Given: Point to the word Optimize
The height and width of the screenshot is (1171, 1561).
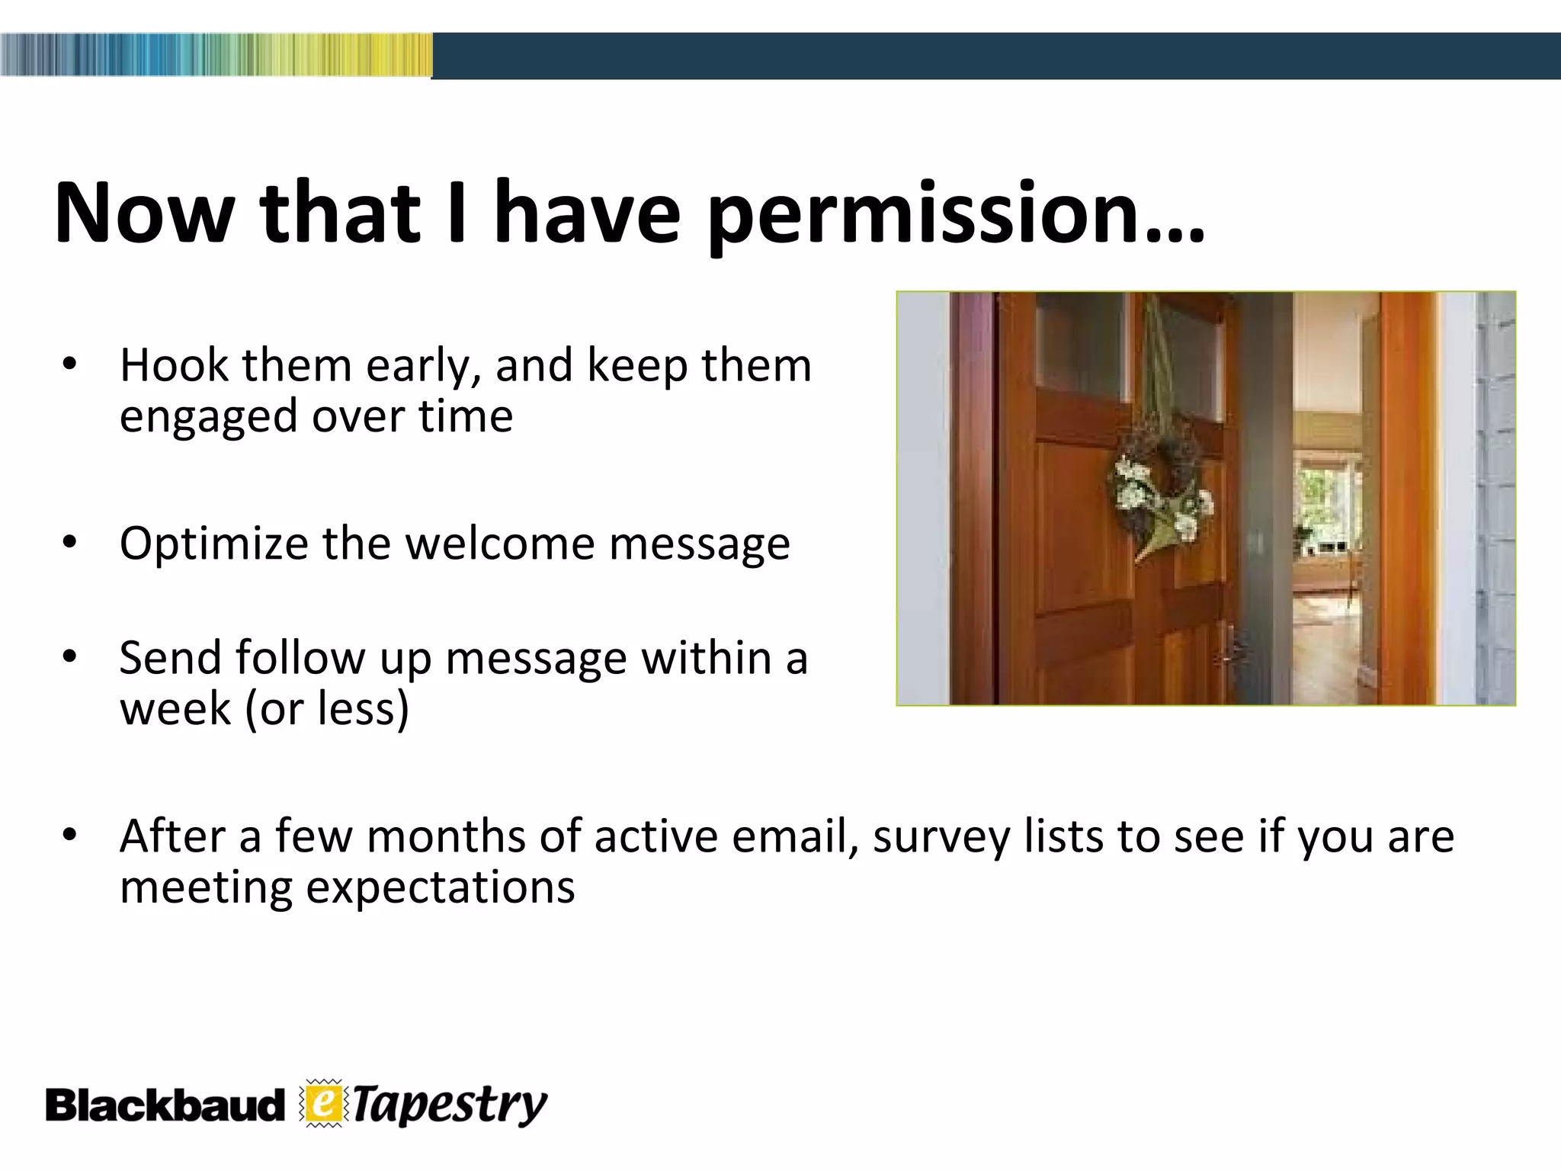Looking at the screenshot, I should (x=213, y=544).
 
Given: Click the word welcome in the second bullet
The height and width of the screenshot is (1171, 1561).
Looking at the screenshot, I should (x=499, y=544).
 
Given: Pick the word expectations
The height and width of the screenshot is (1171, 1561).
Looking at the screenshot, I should (x=440, y=888).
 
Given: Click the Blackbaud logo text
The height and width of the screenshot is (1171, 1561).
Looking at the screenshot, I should (x=164, y=1105).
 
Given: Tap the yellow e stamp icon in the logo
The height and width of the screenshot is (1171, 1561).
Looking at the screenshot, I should (x=324, y=1104).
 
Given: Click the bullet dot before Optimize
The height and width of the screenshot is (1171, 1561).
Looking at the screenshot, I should (x=69, y=544).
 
